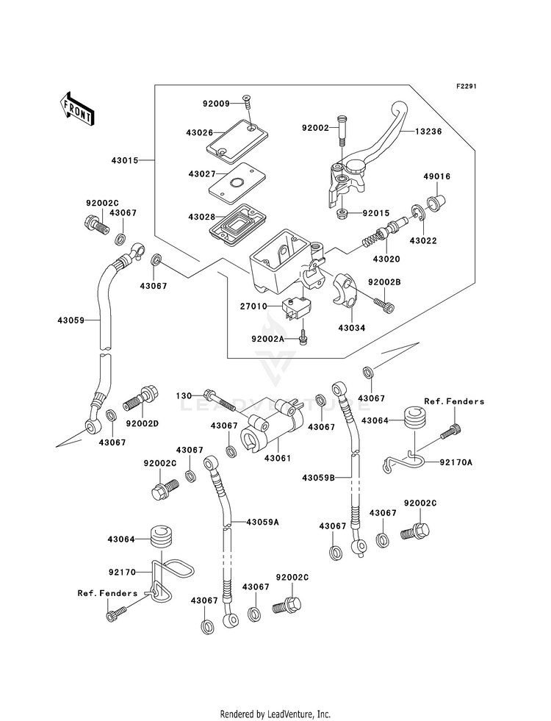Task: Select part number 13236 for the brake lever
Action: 428,132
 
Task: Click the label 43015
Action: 125,160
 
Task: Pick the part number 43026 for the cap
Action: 199,133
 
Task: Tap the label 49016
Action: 436,176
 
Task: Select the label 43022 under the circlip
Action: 423,241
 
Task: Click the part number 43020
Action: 386,259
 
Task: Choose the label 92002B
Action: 384,282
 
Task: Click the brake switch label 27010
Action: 253,306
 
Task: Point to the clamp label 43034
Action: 352,329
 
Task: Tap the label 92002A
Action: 268,339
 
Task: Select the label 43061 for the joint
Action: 278,459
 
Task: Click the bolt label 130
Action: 184,396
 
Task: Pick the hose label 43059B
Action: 318,478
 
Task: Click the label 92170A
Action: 456,462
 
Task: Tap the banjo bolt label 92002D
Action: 143,423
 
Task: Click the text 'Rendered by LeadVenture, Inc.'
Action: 275,714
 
